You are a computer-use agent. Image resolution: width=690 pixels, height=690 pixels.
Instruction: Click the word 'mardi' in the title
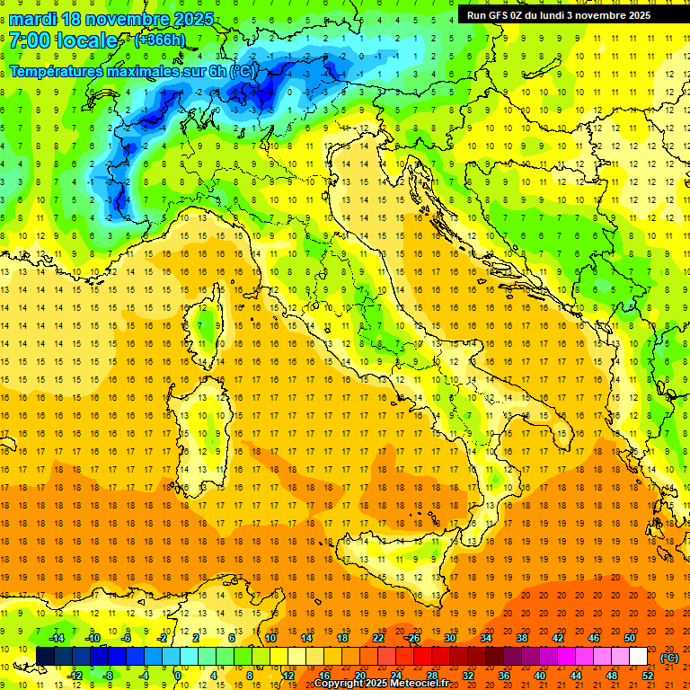click(x=34, y=19)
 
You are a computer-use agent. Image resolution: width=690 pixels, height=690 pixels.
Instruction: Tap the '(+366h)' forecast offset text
click(x=160, y=40)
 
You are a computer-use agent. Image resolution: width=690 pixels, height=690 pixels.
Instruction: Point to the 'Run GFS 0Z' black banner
click(x=566, y=14)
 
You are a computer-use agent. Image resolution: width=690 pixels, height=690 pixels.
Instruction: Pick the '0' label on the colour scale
click(x=178, y=675)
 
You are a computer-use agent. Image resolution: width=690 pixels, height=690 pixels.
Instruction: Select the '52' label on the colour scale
click(x=647, y=675)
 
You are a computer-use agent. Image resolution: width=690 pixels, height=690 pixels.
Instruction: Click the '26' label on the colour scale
click(x=413, y=637)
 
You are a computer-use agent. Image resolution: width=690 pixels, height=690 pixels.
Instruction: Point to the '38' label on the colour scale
click(x=521, y=637)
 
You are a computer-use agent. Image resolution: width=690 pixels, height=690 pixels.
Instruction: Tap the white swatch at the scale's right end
click(x=638, y=656)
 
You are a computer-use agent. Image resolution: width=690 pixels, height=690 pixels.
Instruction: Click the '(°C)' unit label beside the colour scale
click(x=669, y=658)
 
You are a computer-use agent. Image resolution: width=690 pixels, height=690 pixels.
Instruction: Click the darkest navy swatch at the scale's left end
click(x=45, y=656)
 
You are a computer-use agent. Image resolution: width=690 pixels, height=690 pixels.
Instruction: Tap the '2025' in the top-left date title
click(x=193, y=19)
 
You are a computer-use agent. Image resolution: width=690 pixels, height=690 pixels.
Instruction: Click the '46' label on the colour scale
click(x=593, y=637)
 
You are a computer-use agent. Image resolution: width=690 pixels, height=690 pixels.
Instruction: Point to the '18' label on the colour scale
click(x=341, y=637)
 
